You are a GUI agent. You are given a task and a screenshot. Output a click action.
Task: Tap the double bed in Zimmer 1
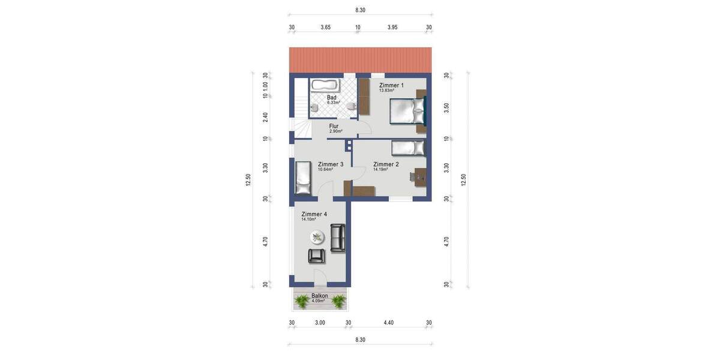pyautogui.click(x=408, y=111)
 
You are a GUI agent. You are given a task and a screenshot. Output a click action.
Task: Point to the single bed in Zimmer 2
pyautogui.click(x=408, y=148)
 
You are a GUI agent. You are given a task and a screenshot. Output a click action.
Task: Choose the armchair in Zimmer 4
pyautogui.click(x=317, y=256)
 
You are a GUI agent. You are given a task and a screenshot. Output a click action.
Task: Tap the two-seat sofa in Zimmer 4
pyautogui.click(x=338, y=237)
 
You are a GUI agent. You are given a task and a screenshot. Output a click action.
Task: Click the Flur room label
pyautogui.click(x=334, y=126)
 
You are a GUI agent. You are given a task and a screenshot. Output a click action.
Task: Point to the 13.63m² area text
pyautogui.click(x=387, y=91)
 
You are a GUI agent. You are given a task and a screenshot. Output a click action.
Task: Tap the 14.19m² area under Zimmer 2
pyautogui.click(x=380, y=170)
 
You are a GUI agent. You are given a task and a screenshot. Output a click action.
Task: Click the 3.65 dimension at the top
pyautogui.click(x=326, y=28)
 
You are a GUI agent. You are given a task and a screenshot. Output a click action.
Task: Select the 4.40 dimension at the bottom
pyautogui.click(x=389, y=323)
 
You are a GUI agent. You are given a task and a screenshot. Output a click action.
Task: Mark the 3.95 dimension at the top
pyautogui.click(x=393, y=28)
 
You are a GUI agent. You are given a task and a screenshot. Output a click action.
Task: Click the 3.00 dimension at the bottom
pyautogui.click(x=320, y=323)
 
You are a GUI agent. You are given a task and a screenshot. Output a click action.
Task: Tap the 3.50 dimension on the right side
pyautogui.click(x=446, y=107)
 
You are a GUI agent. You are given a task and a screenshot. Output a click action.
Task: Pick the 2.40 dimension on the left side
pyautogui.click(x=265, y=117)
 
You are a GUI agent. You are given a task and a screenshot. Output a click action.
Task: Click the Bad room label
pyautogui.click(x=332, y=97)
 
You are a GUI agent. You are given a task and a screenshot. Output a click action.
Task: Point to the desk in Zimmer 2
pyautogui.click(x=419, y=176)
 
